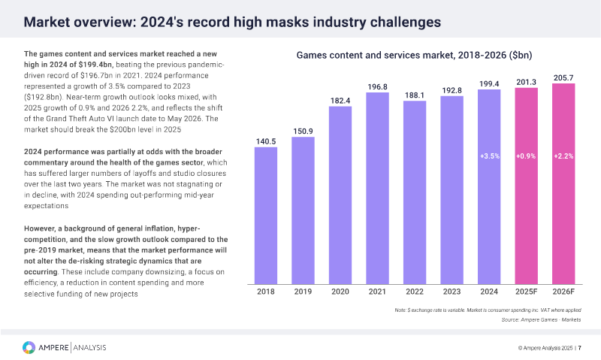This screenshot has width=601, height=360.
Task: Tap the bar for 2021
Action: click(x=377, y=187)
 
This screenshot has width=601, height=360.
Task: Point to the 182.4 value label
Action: click(x=340, y=100)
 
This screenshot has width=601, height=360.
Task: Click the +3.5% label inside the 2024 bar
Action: click(x=489, y=156)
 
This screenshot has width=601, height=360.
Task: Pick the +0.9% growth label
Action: click(x=527, y=156)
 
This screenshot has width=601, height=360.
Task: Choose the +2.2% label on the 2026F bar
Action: click(x=563, y=156)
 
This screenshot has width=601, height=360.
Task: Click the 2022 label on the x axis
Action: click(x=415, y=292)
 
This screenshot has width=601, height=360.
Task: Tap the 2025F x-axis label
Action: click(x=527, y=292)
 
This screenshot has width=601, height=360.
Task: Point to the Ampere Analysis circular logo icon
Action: click(x=29, y=347)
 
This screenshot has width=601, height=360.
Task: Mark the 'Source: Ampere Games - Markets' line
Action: click(x=541, y=319)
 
